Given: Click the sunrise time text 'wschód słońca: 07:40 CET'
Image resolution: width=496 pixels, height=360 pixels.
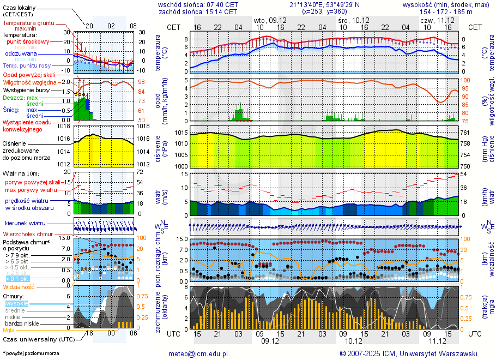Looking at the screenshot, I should (197, 4).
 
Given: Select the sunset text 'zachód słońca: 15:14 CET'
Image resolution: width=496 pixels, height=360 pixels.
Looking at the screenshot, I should (197, 11).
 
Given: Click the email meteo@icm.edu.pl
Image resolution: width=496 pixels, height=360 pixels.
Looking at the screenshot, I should (198, 353).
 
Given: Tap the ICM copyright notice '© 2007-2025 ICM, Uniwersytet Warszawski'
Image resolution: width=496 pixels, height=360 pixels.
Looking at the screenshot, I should (408, 353).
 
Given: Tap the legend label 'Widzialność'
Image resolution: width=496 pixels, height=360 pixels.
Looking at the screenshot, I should (19, 286).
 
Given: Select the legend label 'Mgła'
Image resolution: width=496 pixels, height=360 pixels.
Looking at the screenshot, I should (9, 330).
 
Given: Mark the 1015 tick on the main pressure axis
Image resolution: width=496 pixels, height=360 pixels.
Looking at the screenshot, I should (181, 133).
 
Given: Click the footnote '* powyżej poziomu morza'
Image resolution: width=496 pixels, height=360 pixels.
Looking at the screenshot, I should (31, 353).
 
